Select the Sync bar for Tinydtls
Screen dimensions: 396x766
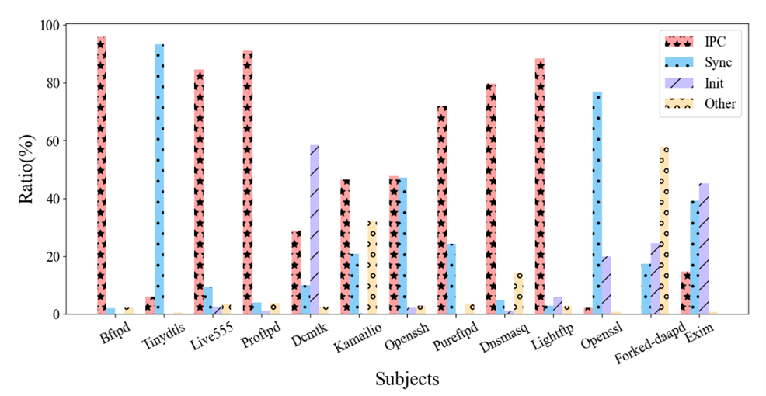click(159, 179)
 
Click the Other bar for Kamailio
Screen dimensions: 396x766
click(372, 267)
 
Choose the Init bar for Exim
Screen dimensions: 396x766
click(704, 248)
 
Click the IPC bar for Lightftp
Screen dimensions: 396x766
click(539, 186)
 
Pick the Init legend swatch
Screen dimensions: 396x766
click(679, 83)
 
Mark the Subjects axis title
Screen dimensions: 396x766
click(407, 380)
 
